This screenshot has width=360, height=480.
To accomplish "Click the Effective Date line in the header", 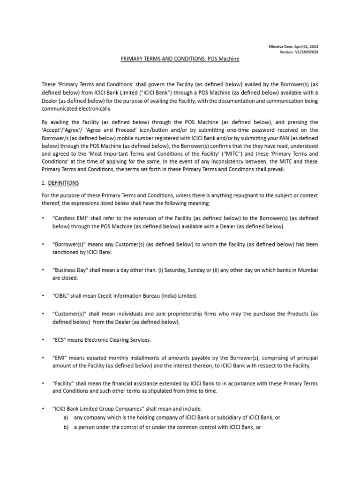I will [293, 47].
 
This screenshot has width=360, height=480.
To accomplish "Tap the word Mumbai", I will [308, 270].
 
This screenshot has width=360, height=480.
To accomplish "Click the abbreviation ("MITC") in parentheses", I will [188, 153].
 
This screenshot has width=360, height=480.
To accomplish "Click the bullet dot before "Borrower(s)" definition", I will [43, 244].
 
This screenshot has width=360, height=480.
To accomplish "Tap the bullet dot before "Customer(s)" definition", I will [43, 314].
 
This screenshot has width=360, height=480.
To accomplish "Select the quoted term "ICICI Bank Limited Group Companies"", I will [97, 409].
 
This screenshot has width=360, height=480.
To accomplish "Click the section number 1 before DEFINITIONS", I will [44, 182].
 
